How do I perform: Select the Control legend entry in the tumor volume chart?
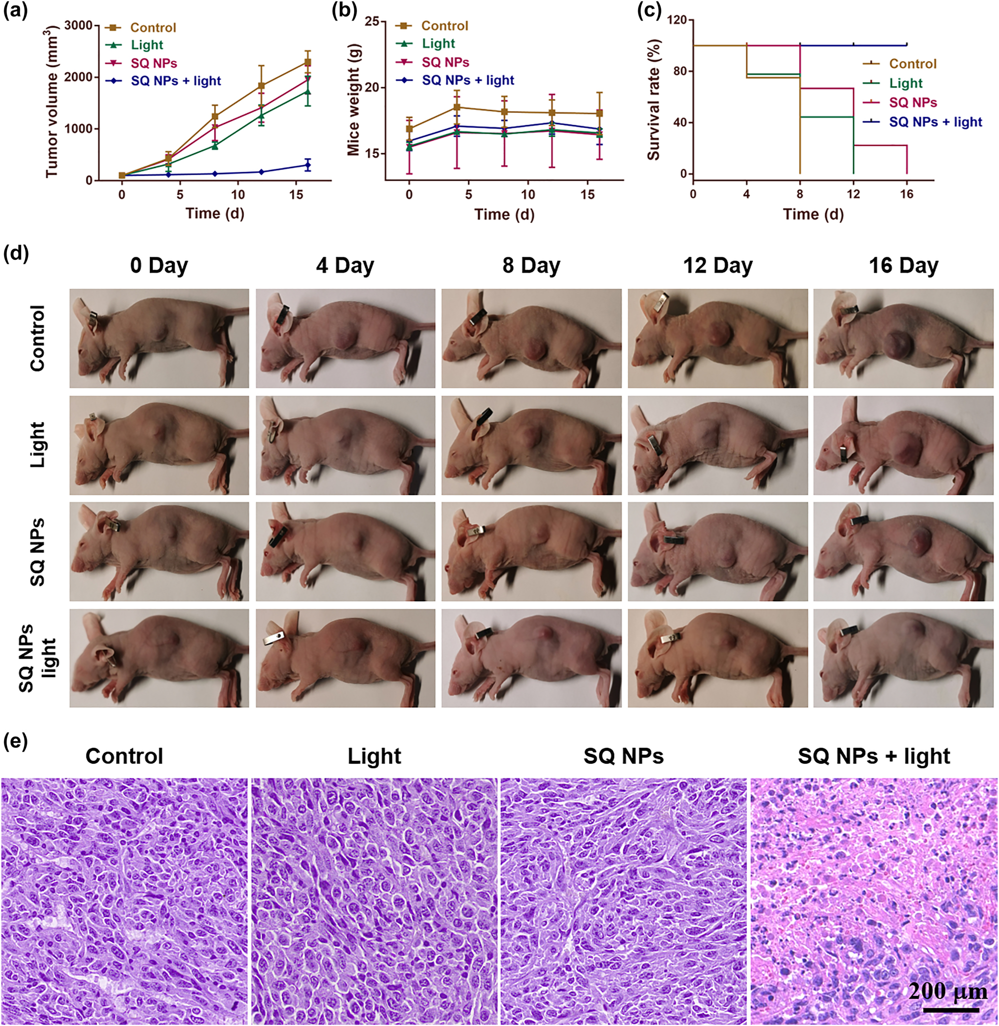pos(152,28)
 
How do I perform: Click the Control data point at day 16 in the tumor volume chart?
pos(307,63)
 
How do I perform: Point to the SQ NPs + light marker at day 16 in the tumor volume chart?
pos(307,165)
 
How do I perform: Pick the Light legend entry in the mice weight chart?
pos(438,44)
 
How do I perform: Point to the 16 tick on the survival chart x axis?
pos(906,194)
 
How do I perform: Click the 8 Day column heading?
pos(531,266)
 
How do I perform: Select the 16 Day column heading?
pos(903,266)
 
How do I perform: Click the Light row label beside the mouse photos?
pos(38,445)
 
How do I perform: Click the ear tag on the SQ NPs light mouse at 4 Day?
pos(273,640)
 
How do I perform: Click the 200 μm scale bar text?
pos(947,991)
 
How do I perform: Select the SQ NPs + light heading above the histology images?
pos(873,756)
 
